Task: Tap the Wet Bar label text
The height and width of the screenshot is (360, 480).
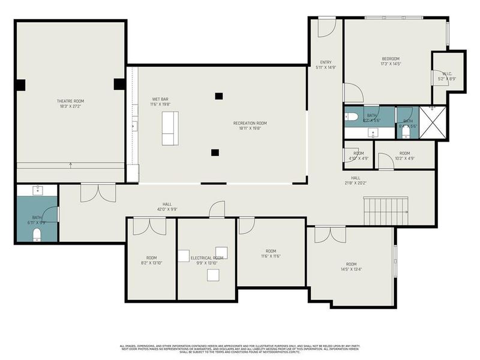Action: (x=160, y=98)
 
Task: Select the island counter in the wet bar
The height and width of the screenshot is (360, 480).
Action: (x=170, y=128)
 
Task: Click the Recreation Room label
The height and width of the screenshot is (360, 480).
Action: (x=250, y=123)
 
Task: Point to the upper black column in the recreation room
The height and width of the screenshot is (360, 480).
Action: (x=219, y=95)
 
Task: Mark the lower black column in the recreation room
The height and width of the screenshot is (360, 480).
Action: (x=215, y=152)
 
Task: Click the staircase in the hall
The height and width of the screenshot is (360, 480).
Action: (x=386, y=211)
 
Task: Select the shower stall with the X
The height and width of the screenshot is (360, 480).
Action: (x=433, y=122)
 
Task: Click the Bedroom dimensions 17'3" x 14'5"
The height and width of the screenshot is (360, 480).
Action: (x=391, y=64)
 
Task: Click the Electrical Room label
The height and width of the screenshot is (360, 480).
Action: (x=207, y=258)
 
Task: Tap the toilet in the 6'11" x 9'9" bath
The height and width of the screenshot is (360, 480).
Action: (x=37, y=233)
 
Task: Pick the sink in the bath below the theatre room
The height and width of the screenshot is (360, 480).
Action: (x=38, y=190)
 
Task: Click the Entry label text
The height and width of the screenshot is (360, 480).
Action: (x=326, y=62)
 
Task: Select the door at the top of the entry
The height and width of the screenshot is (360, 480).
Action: (x=327, y=27)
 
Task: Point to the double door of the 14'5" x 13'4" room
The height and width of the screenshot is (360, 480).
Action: (x=330, y=235)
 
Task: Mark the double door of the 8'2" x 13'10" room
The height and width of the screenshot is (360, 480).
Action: (x=149, y=226)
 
